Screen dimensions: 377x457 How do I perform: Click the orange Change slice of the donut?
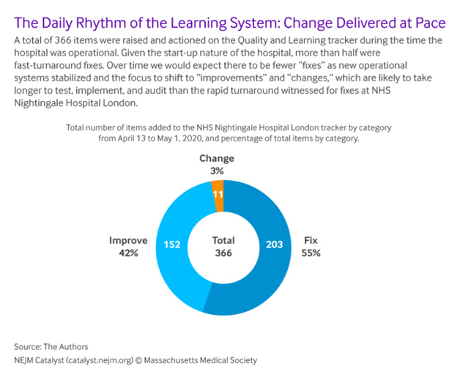tap(218, 196)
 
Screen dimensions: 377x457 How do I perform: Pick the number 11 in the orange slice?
tap(218, 196)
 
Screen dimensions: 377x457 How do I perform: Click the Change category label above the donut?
tap(218, 158)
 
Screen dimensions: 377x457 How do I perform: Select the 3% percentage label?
tap(218, 171)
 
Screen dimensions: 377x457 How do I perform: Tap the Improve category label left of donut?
tap(129, 239)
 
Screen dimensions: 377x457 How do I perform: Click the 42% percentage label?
tap(129, 253)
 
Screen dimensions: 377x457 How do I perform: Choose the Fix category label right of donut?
tap(310, 239)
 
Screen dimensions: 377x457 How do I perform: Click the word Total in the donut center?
tap(223, 239)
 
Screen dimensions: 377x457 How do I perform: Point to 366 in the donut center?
tap(223, 253)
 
